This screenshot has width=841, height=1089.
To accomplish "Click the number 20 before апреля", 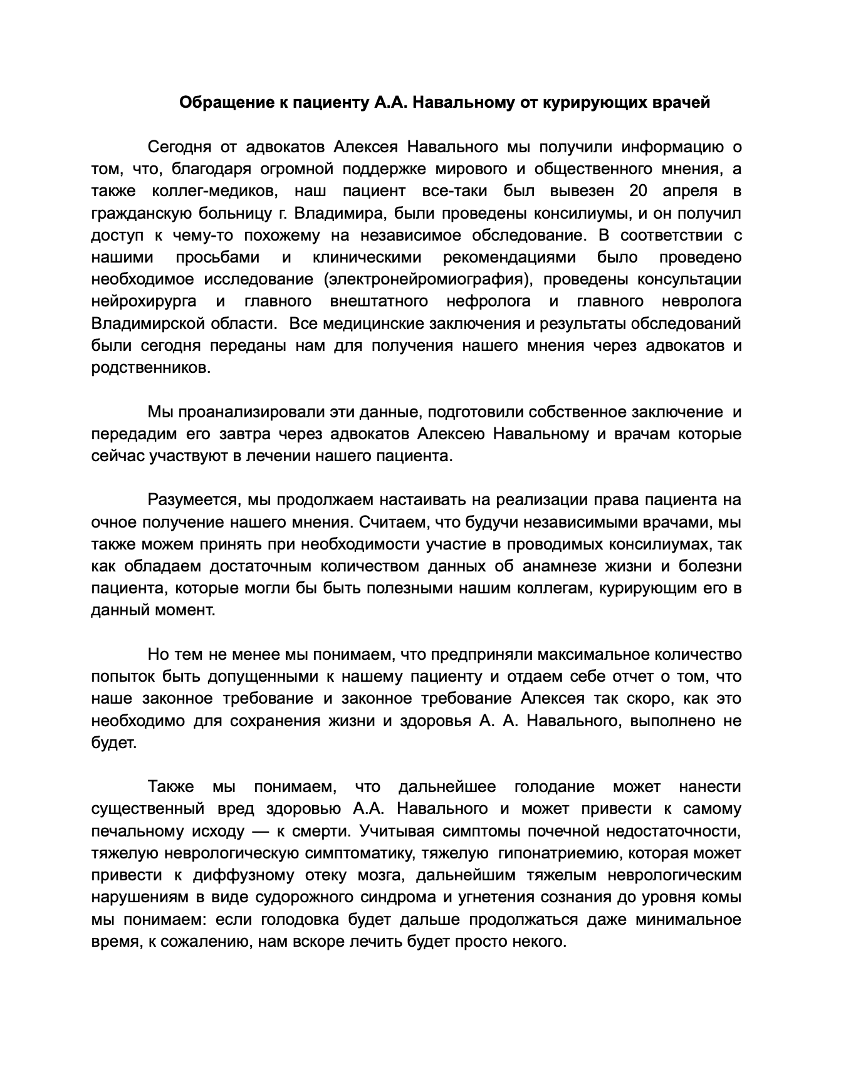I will point(641,191).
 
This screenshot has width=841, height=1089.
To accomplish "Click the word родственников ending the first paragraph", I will point(150,368).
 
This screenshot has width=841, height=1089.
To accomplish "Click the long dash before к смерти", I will point(253,831).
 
